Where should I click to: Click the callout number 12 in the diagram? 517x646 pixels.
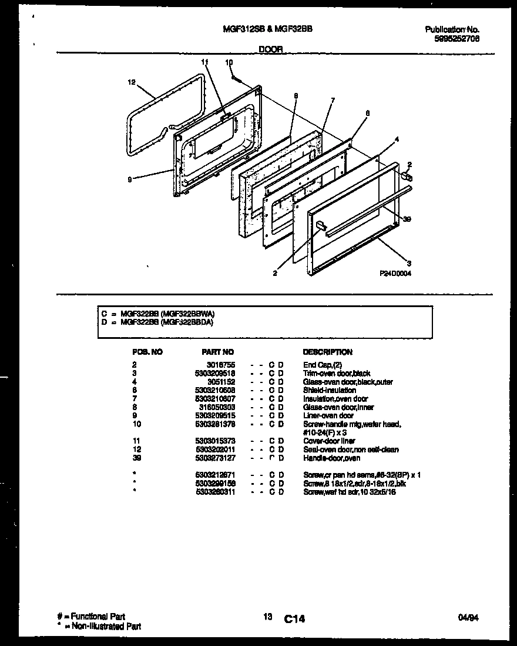[x=131, y=83]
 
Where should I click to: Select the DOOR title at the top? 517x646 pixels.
[x=271, y=51]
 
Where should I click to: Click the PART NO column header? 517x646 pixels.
[x=217, y=352]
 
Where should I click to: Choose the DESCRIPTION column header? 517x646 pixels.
[x=327, y=352]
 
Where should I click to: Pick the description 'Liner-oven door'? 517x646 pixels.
[x=328, y=415]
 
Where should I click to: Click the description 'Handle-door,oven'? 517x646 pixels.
[x=331, y=458]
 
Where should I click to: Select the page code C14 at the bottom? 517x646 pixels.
[x=294, y=618]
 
